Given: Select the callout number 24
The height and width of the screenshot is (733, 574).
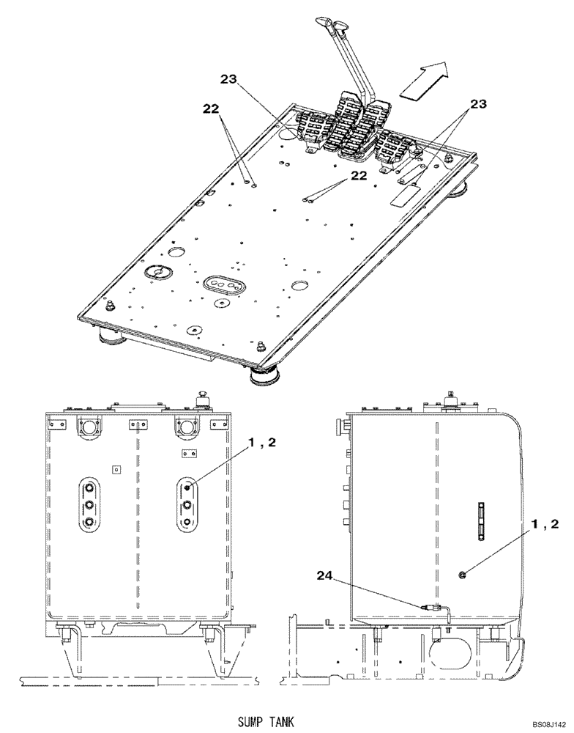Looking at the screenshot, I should point(327,577).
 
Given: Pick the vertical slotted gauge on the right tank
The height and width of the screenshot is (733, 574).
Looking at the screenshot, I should point(480,520).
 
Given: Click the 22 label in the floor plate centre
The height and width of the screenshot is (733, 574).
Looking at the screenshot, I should point(358,175).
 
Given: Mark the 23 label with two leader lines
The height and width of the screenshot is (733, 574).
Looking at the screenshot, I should point(477,104).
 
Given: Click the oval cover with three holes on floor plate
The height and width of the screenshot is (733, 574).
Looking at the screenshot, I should point(223,284).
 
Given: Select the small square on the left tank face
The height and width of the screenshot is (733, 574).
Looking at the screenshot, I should point(114,468).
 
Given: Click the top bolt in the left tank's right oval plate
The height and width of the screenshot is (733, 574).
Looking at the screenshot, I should point(188,487).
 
